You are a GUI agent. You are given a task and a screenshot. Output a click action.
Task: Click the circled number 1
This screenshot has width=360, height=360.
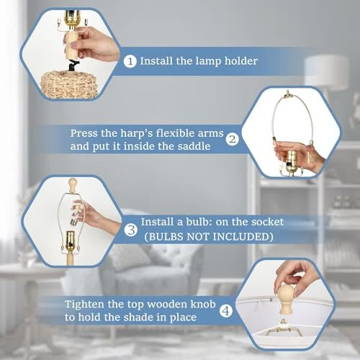click(x=130, y=61)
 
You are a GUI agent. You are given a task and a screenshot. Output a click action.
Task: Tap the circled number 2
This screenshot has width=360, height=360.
click(x=233, y=140)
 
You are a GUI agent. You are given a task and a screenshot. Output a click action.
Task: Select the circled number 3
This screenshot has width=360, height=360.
click(x=131, y=230)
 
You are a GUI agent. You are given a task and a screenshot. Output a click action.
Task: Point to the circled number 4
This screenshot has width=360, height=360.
click(x=226, y=311)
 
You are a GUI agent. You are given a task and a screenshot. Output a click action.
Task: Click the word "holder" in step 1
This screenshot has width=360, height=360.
click(x=241, y=60)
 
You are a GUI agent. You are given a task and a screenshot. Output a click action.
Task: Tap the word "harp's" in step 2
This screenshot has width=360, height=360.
click(x=137, y=133)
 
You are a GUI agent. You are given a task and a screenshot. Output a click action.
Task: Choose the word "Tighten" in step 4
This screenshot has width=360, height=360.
click(x=85, y=305)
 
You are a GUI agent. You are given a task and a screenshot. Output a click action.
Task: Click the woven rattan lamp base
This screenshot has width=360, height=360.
click(x=70, y=84)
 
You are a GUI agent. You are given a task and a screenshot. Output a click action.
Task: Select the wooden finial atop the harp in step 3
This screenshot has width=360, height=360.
click(x=72, y=184)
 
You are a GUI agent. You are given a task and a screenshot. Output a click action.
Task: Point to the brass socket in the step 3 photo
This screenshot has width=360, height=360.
click(x=71, y=241)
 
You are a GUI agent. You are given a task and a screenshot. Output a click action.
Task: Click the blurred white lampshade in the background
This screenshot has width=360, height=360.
click(x=326, y=72)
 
